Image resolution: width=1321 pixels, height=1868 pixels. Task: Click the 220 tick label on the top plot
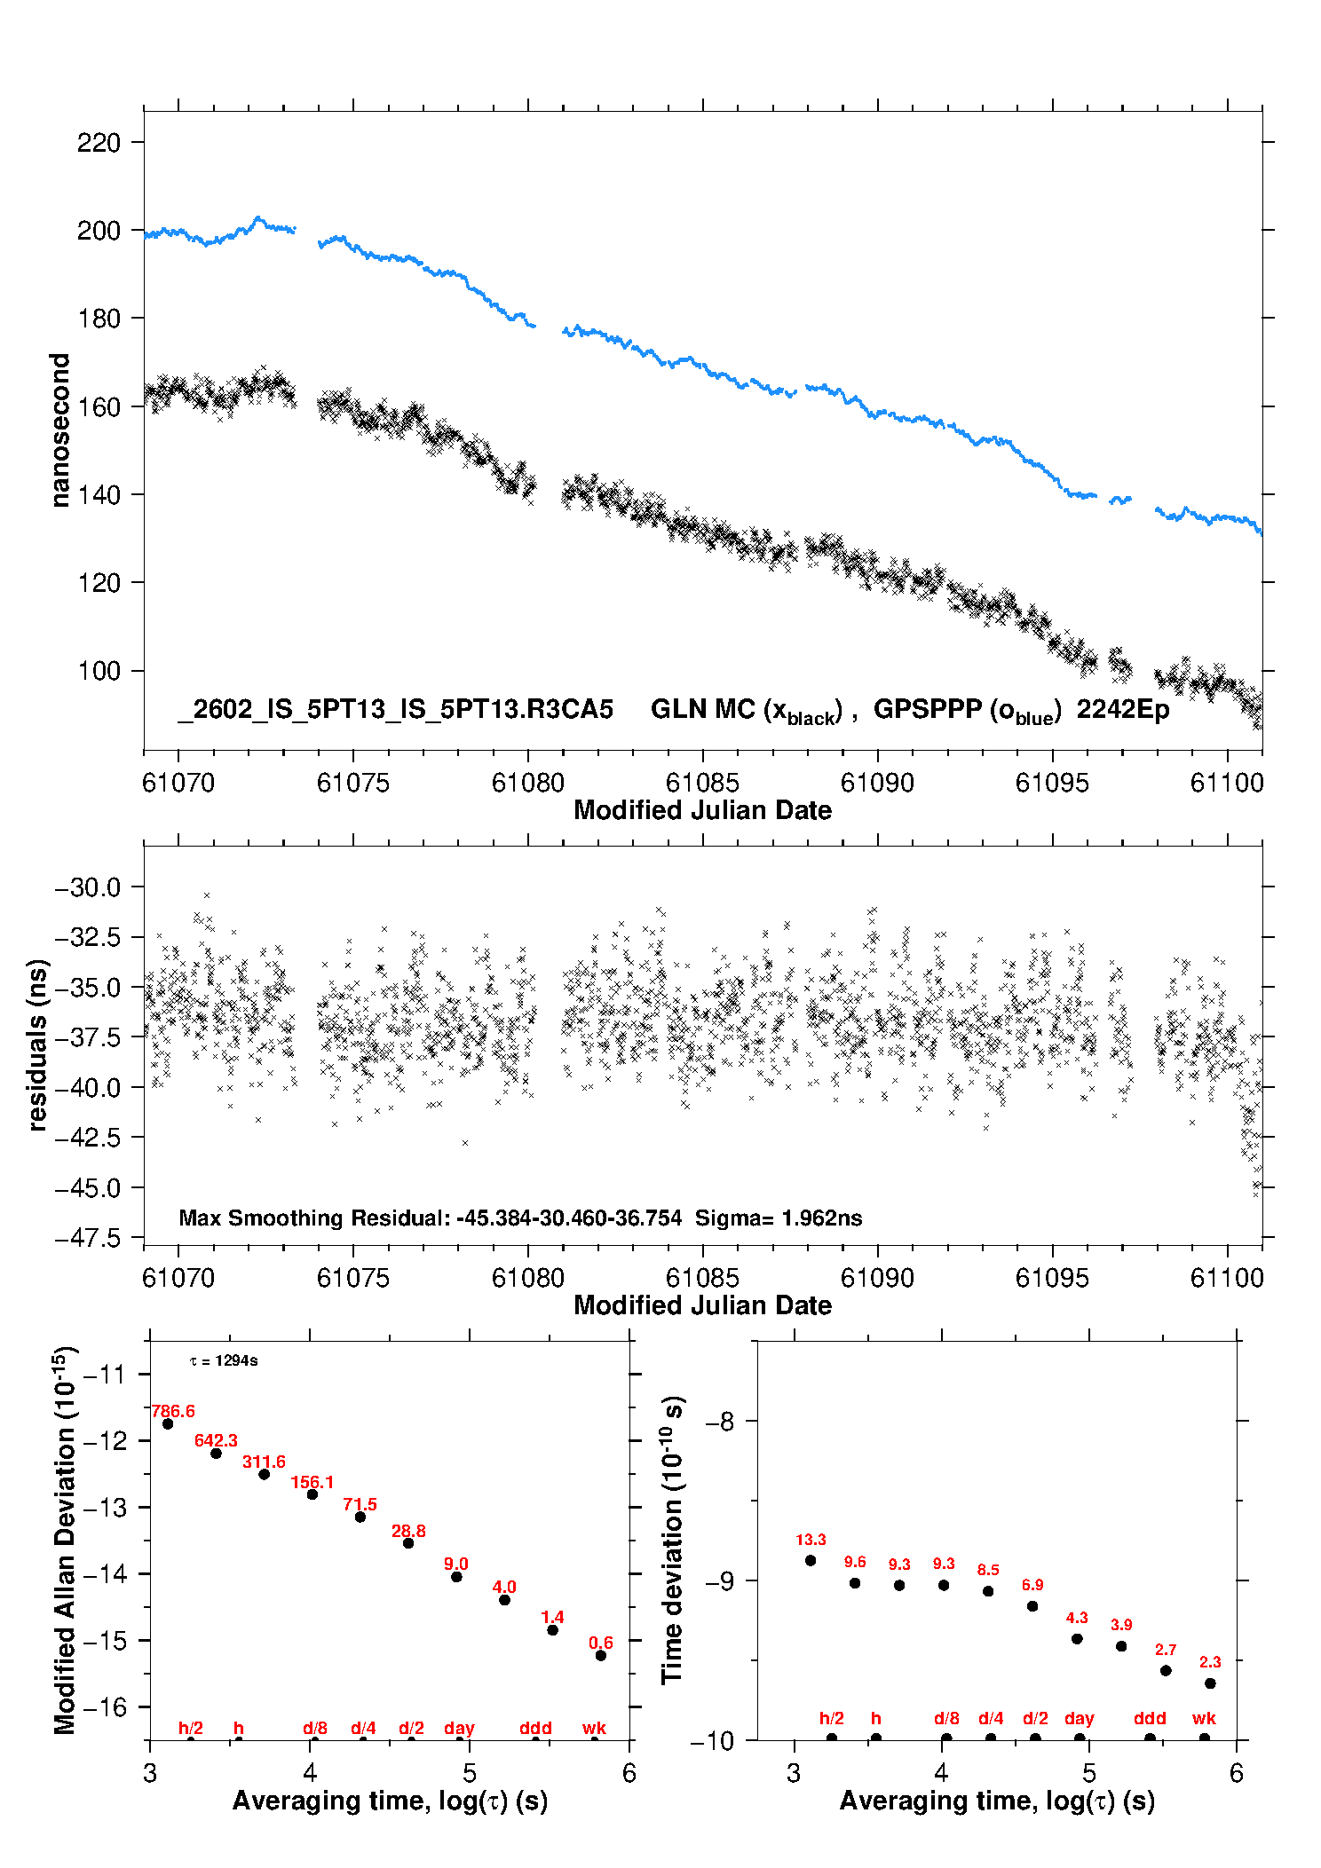coord(98,142)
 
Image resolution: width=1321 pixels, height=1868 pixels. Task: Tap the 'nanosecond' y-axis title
coord(59,430)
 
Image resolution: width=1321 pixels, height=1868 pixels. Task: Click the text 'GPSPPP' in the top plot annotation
coord(929,709)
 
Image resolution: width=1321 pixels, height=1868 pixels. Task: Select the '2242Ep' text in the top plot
coord(1122,710)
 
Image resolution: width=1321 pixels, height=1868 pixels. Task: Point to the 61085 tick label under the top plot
coord(702,783)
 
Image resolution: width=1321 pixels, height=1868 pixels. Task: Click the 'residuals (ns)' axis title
coord(37,1044)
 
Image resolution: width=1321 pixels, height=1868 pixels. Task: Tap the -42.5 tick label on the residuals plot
coord(87,1138)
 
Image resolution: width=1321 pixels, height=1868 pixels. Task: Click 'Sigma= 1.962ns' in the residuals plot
coord(779,1218)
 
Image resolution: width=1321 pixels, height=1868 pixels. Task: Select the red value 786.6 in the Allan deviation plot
coord(173,1411)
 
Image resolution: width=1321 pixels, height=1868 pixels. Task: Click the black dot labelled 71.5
coord(360,1517)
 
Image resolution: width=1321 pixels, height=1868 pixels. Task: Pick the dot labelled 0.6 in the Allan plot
coord(601,1655)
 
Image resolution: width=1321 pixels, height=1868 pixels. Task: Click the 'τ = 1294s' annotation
coord(224,1360)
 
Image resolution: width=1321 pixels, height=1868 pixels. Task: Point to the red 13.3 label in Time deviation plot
coord(811,1540)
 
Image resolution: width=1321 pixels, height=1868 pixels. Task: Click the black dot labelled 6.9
coord(1032,1606)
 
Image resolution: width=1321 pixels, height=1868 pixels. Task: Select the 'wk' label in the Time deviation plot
coord(1204,1718)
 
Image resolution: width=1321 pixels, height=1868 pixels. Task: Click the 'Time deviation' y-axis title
coord(672,1541)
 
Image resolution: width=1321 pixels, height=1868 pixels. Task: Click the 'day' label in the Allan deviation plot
coord(459,1728)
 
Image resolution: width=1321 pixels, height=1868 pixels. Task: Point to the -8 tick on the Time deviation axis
coord(719,1421)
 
